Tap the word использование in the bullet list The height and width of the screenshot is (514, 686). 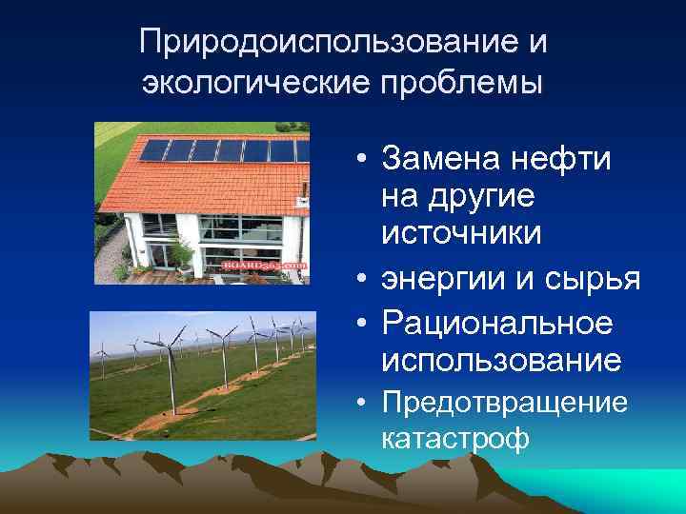coord(501,361)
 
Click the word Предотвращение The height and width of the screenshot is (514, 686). coord(504,404)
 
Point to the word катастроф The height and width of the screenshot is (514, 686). coord(454,439)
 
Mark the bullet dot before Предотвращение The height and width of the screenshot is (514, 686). coord(366,404)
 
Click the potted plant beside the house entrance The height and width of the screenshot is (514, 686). coord(181,252)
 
